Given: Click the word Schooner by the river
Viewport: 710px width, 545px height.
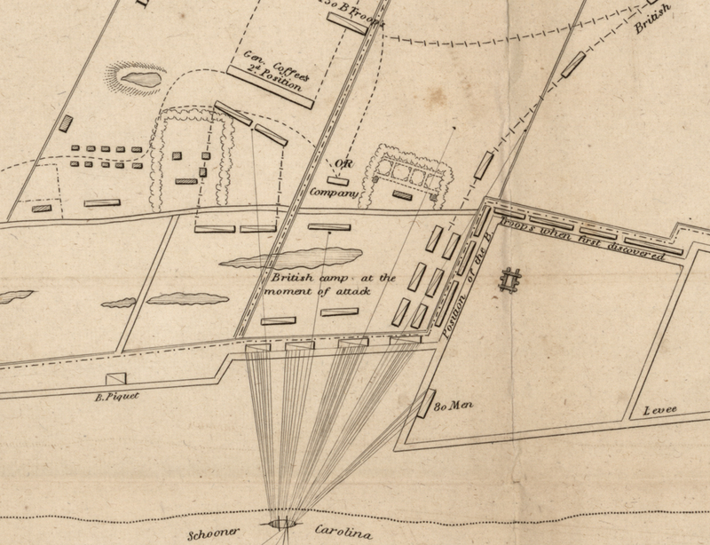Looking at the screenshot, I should point(216,536).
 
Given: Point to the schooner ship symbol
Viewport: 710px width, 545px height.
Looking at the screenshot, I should point(282,525).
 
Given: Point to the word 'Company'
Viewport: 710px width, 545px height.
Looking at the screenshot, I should point(333,193).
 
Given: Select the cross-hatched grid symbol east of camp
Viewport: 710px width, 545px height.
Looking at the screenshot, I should point(510,280).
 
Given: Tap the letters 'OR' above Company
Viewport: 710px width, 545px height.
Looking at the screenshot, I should point(342,164).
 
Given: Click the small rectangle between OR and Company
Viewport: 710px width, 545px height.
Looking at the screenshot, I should point(336,180).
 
